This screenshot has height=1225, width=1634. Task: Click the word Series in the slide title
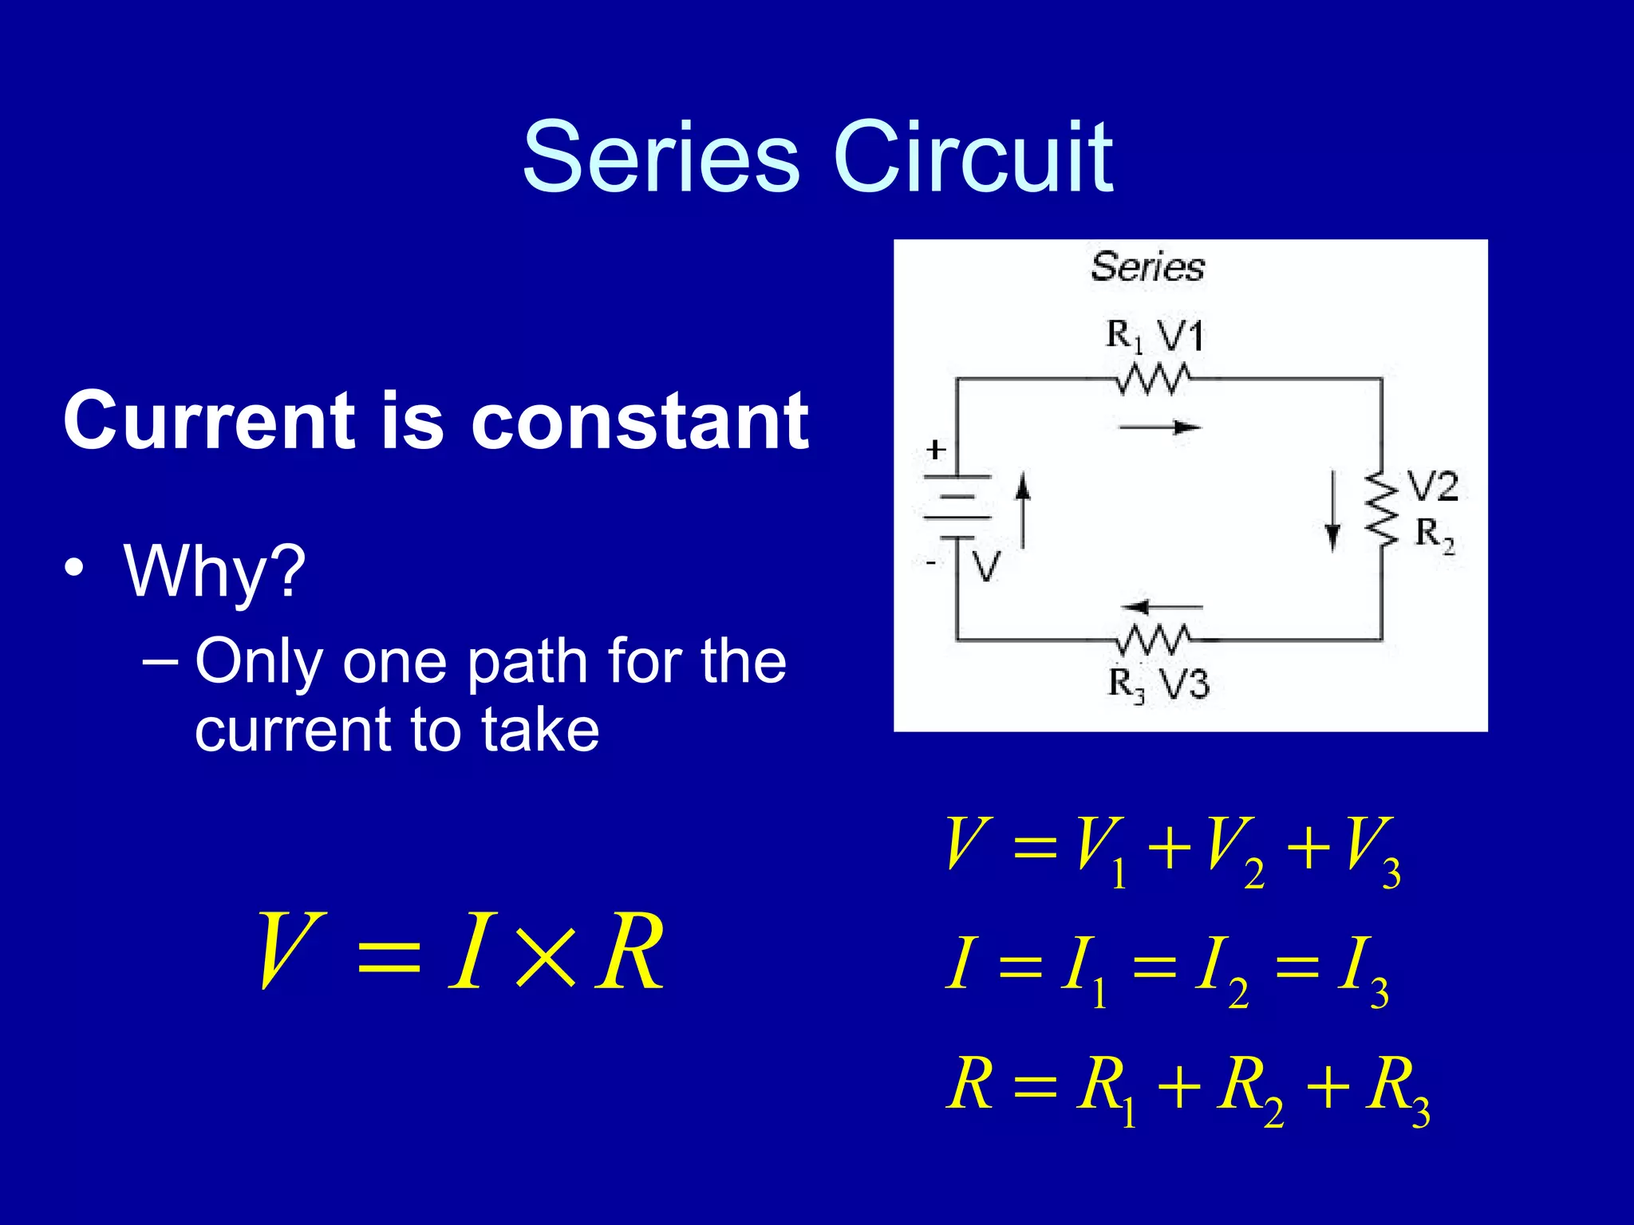(661, 157)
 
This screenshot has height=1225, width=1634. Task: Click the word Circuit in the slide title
(973, 157)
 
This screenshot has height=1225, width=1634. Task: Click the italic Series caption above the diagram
(1147, 266)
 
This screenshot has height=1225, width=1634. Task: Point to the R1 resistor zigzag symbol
(1154, 379)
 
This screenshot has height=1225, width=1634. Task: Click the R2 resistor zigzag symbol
(1382, 509)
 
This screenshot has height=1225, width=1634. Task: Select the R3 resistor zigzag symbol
(1154, 639)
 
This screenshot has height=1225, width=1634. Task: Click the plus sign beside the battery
(936, 450)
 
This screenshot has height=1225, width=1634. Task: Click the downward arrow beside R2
(1332, 511)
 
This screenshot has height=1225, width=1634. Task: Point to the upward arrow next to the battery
(1023, 510)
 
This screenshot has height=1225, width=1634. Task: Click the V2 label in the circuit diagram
(1432, 486)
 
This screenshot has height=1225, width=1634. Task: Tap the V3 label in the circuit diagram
(1183, 684)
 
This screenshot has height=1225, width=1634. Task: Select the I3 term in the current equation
(1363, 971)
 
